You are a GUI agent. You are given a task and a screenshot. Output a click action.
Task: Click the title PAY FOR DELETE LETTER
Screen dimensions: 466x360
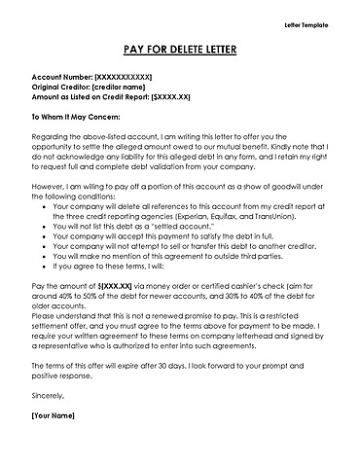click(179, 49)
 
